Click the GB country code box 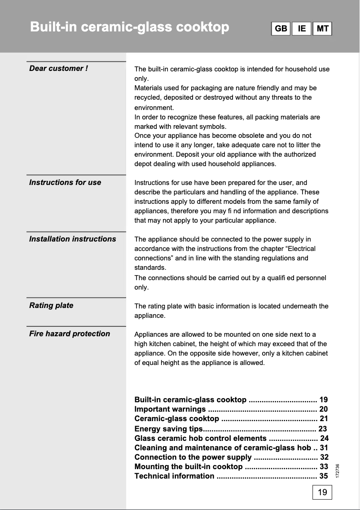coord(281,29)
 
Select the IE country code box coord(302,29)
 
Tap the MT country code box coord(322,29)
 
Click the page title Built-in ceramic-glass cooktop coord(129,27)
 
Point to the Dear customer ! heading coord(58,68)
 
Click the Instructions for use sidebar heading coord(65,182)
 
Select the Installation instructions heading coord(72,239)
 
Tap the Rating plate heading coord(51,305)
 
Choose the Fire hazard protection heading coord(70,334)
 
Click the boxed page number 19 coord(322,492)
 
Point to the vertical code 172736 coord(337,470)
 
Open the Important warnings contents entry coord(170,409)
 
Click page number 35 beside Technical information coord(323,476)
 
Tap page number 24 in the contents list coord(324,438)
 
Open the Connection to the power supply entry coord(193,457)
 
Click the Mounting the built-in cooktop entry coord(189,466)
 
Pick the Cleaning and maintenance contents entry coord(222,448)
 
